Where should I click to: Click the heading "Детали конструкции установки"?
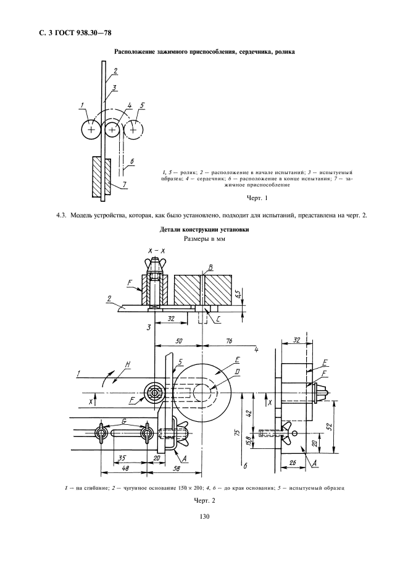pos(204,229)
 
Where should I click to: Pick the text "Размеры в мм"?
pos(204,238)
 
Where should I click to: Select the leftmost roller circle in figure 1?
pos(91,130)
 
